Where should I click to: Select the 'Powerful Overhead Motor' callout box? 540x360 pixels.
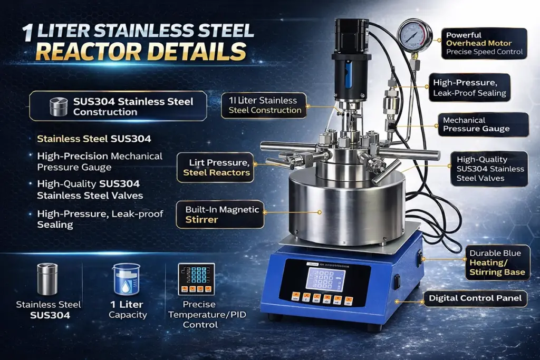(x=484, y=43)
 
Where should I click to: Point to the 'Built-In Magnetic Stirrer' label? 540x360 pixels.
(x=220, y=215)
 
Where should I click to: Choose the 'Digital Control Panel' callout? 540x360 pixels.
(x=475, y=298)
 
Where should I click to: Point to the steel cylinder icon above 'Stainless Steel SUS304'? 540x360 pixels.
(x=47, y=279)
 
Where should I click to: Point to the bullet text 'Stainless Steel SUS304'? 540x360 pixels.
(x=94, y=139)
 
